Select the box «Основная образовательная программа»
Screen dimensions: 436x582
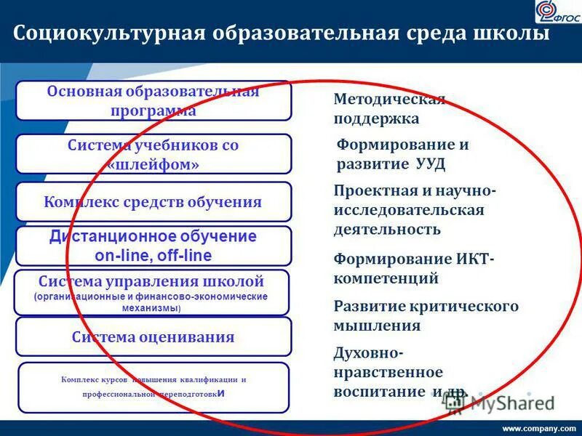point(154,101)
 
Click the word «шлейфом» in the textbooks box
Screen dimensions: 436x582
point(154,165)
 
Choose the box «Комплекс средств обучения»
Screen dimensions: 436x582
point(154,202)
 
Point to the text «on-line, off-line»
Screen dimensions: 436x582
point(154,255)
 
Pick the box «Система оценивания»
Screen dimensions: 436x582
point(154,337)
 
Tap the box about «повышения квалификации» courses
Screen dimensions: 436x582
point(154,387)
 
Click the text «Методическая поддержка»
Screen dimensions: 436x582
point(389,109)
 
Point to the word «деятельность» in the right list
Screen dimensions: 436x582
point(387,230)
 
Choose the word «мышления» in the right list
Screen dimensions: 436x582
point(377,326)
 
